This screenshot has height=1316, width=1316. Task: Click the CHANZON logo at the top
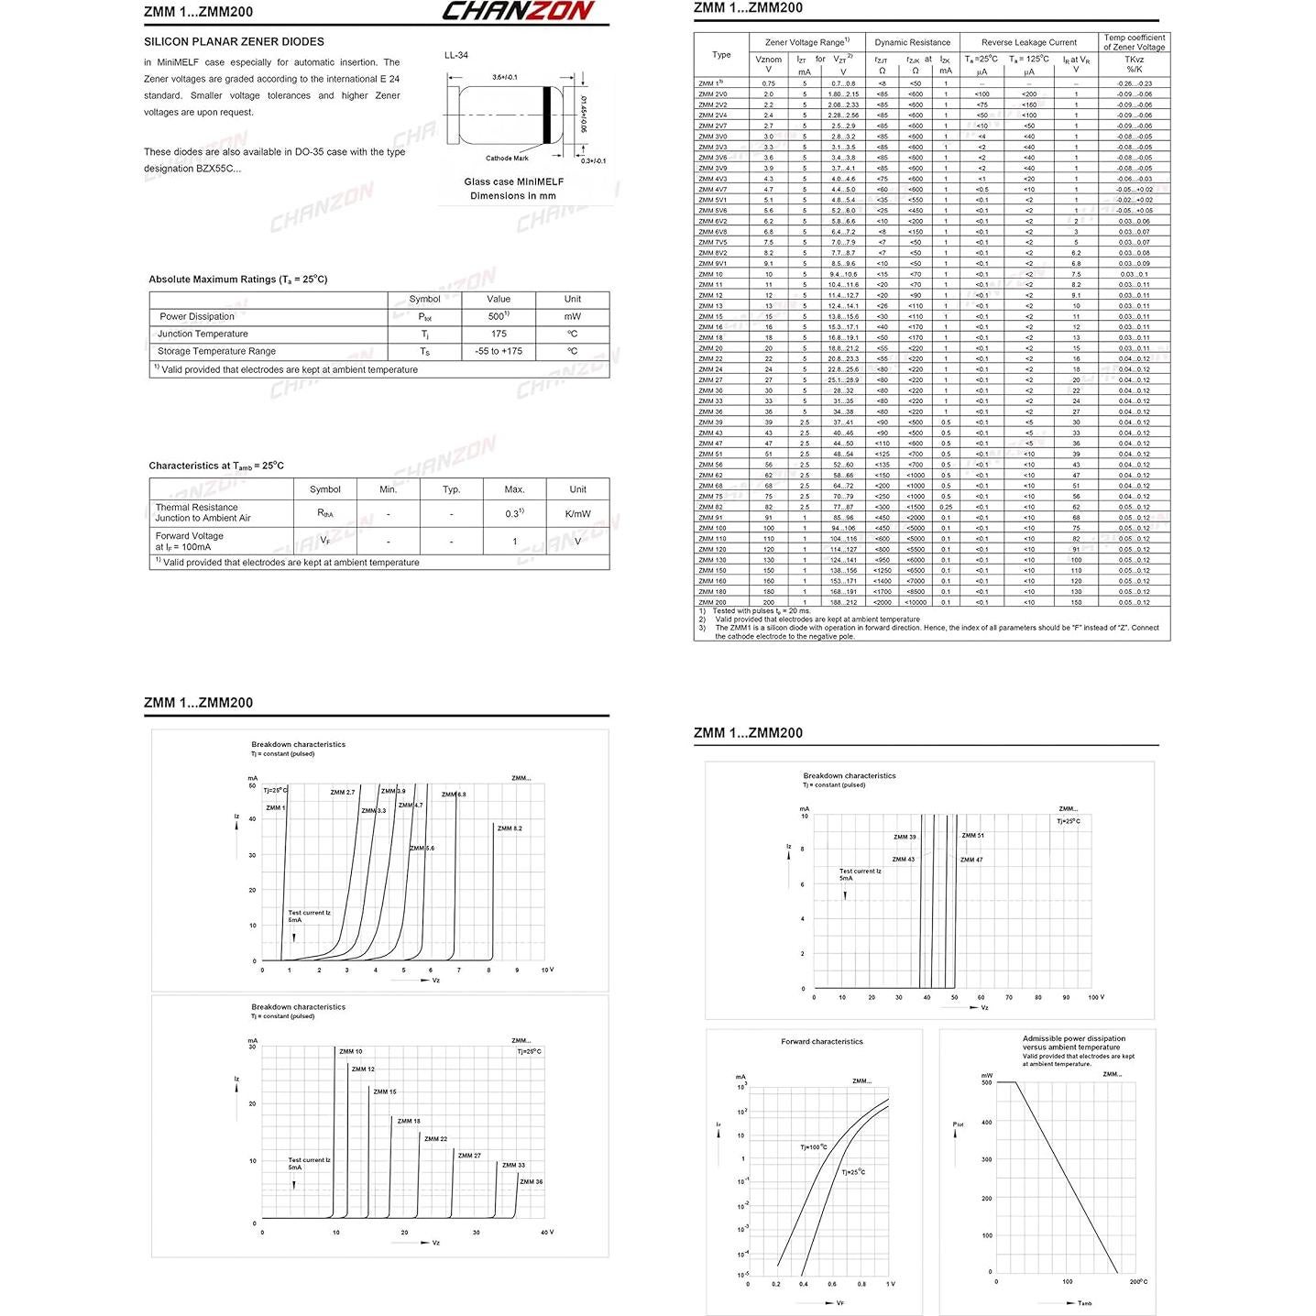[519, 11]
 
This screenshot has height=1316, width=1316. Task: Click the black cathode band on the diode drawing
[547, 115]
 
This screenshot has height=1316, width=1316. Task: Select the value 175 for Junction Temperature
[499, 334]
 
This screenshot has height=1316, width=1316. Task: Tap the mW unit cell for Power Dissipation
[572, 317]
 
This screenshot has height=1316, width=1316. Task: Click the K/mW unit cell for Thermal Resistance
[577, 514]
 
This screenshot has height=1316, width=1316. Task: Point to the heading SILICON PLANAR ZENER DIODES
[234, 42]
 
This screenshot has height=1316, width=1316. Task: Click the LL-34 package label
[456, 56]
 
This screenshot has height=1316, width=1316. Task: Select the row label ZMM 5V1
[712, 200]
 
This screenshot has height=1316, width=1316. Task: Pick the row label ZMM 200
[712, 602]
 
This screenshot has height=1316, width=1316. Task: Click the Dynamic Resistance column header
[912, 42]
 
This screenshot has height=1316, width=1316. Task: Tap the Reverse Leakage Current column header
[1028, 42]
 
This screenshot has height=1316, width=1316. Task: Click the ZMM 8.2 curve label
[510, 828]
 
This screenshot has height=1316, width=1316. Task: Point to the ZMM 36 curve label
[531, 1181]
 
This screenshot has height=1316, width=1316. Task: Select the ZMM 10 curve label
[350, 1051]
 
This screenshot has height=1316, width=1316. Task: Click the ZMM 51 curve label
[972, 836]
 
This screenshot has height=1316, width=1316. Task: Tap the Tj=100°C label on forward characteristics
[813, 1146]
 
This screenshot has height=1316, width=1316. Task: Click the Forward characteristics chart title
[821, 1041]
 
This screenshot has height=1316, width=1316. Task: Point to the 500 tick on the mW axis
[987, 1082]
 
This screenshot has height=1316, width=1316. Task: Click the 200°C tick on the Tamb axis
[1137, 1281]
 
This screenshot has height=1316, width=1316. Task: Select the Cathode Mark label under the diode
[507, 159]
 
